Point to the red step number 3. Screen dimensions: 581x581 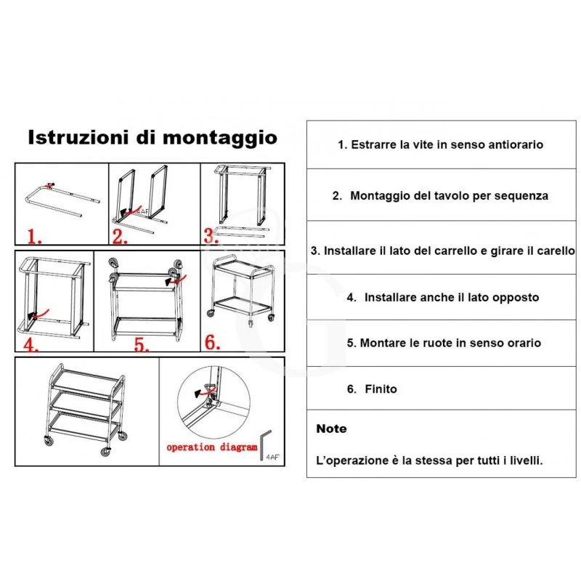click(211, 235)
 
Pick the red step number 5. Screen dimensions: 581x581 click(142, 343)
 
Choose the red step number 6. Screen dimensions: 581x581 click(211, 342)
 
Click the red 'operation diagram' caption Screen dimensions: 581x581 click(212, 447)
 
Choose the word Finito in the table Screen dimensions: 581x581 click(381, 389)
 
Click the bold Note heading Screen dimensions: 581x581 click(331, 429)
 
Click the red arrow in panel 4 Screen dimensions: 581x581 click(41, 314)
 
